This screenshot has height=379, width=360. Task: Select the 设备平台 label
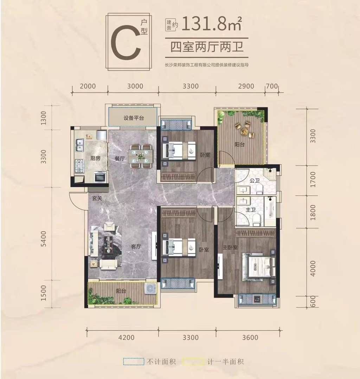[x=134, y=118]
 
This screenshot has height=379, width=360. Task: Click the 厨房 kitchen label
[x=95, y=158]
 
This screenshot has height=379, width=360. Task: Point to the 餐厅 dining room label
[x=120, y=159]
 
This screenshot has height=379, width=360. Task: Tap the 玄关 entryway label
[x=97, y=198]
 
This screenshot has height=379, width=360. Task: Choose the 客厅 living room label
[x=136, y=247]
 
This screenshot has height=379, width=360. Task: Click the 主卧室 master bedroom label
[x=230, y=247]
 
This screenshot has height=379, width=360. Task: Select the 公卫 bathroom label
[x=255, y=181]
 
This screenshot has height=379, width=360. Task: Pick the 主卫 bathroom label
[x=251, y=210]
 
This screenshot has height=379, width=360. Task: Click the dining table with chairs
[x=142, y=156]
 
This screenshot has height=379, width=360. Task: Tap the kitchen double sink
[x=79, y=145]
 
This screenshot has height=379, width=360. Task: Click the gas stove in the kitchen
[x=79, y=166]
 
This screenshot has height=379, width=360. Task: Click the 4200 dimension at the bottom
[x=127, y=337]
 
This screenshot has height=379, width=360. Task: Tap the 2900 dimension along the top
[x=246, y=86]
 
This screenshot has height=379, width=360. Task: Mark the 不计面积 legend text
[x=161, y=362]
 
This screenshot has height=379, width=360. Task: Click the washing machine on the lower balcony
[x=150, y=289]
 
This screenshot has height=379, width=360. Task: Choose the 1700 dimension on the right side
[x=313, y=179]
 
